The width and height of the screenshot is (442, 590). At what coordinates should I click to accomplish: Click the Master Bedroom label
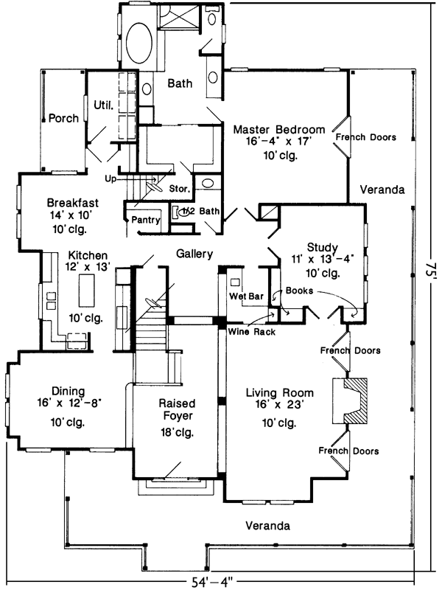[x=279, y=130]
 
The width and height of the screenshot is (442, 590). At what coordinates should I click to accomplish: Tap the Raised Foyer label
[x=176, y=410]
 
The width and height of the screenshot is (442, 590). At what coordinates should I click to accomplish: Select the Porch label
[x=63, y=118]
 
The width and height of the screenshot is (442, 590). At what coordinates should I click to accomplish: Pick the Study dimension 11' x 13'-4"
[x=323, y=259]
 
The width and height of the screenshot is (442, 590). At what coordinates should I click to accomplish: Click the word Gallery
[x=194, y=254]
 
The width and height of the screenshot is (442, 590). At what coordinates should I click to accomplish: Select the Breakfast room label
[x=72, y=203]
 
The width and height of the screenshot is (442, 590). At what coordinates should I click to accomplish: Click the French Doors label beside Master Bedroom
[x=365, y=137]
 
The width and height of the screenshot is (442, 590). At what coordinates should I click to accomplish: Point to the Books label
[x=300, y=291]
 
